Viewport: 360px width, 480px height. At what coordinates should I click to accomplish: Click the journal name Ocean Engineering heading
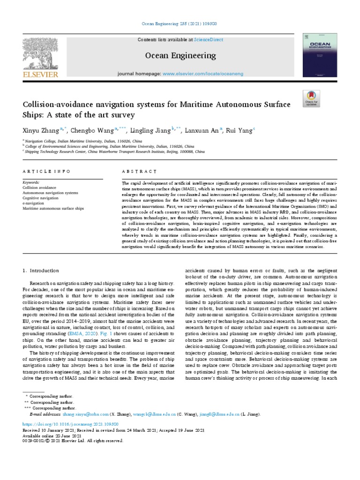(180, 56)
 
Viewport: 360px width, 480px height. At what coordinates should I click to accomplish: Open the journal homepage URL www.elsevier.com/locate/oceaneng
(204, 74)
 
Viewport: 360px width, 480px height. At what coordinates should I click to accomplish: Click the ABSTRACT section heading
(139, 172)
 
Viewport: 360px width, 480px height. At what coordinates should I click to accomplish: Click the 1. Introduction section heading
(41, 270)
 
